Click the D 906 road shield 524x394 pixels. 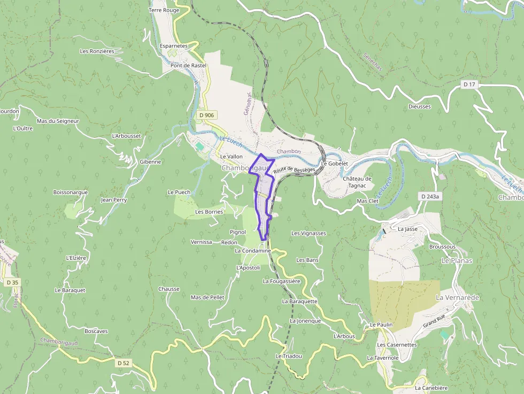206,115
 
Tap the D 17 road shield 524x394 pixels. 469,84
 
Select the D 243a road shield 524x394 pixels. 429,196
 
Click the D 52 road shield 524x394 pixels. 123,363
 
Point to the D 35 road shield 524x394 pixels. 12,282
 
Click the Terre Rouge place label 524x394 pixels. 164,10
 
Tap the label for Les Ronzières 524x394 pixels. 97,51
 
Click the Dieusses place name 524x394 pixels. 419,106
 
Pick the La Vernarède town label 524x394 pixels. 457,297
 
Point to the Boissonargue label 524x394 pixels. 70,192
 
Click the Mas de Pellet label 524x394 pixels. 207,297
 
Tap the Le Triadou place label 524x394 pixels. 289,356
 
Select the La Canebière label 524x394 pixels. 431,388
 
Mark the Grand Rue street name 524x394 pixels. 434,324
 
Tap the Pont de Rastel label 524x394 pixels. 188,65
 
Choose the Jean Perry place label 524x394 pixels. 114,200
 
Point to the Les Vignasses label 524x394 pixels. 309,233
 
